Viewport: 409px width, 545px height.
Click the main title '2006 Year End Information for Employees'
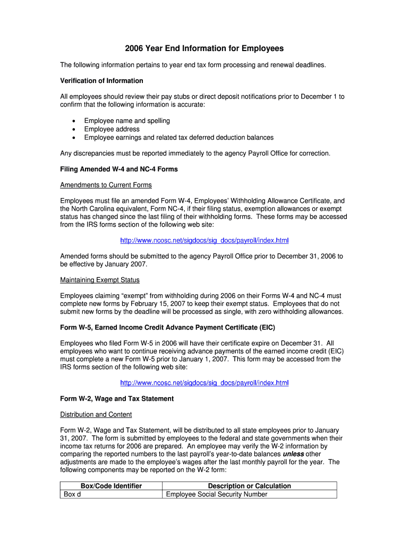pos(204,48)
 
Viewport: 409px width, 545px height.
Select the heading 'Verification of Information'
pos(101,81)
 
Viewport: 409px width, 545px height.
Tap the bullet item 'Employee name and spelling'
pos(127,121)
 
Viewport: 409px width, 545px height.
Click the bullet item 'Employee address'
pos(112,129)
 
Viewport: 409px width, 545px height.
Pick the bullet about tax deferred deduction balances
pos(178,137)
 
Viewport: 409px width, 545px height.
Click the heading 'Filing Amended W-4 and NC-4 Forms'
pos(119,169)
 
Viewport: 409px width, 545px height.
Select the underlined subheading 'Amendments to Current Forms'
pos(106,185)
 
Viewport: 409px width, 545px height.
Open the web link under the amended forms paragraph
pos(204,241)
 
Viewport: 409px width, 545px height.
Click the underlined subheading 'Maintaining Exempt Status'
pos(100,280)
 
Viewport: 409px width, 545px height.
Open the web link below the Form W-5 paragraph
pos(204,383)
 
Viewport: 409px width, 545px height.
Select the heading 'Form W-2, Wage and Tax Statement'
pos(117,399)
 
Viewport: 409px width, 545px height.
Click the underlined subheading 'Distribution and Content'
pos(96,415)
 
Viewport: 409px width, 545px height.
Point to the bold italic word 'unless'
pos(293,455)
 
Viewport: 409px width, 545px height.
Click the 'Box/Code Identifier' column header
pos(111,486)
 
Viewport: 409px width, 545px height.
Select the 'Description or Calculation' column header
pos(249,486)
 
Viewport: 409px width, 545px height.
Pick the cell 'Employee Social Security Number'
pos(217,494)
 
